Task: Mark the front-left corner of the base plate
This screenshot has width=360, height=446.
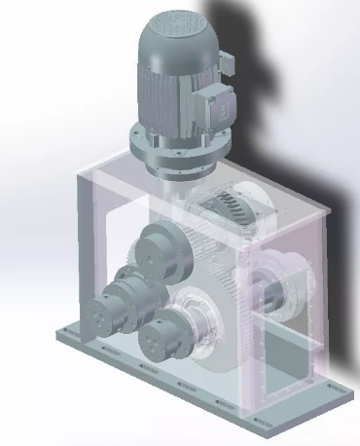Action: coord(64,337)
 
